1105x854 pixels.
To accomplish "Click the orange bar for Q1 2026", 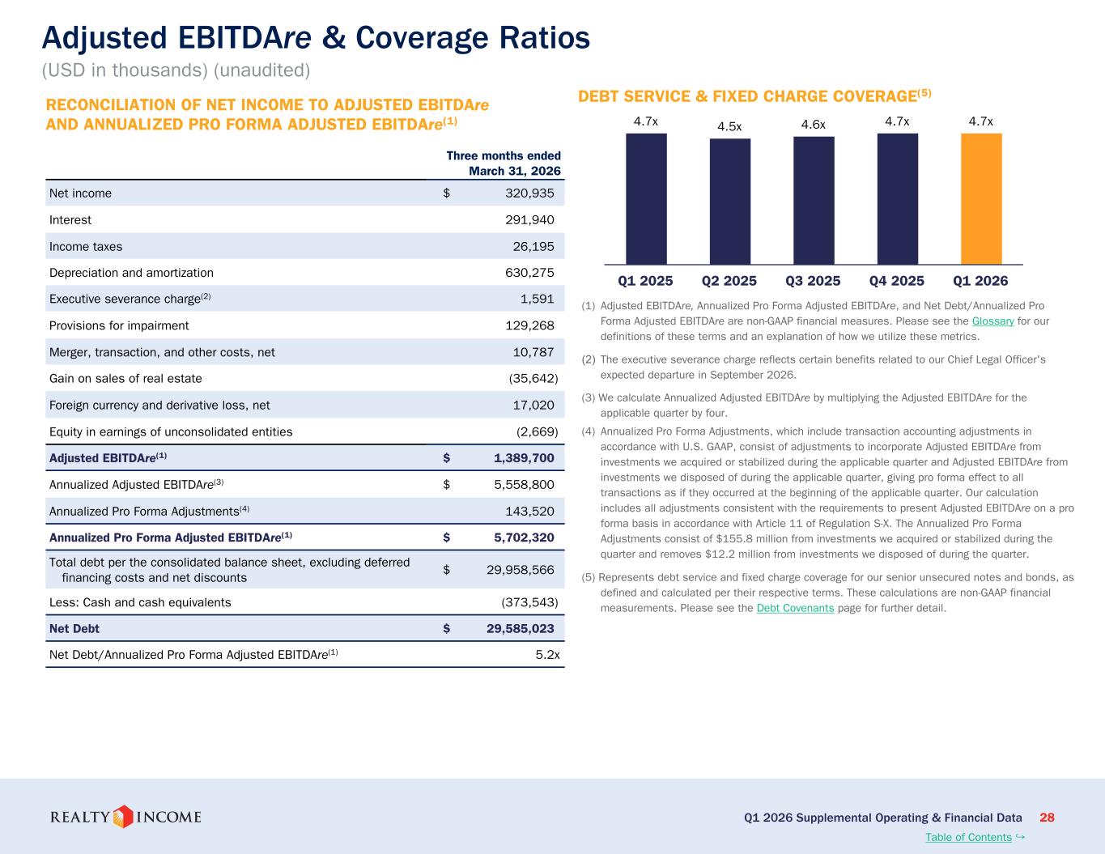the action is click(x=981, y=199).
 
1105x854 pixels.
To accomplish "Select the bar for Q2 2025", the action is click(x=729, y=202).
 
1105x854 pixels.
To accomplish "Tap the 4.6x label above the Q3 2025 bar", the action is click(x=813, y=125).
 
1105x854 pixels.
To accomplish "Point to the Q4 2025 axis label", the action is click(x=896, y=281).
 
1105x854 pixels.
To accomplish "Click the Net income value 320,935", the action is click(x=529, y=193).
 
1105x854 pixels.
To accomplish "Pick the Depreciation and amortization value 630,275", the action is click(x=529, y=273).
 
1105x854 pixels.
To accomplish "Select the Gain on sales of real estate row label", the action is click(x=125, y=378).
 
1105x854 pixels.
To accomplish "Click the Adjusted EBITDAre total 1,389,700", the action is click(x=524, y=458).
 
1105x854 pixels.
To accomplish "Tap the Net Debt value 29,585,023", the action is click(x=521, y=628).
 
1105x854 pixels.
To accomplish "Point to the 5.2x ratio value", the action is click(x=547, y=655).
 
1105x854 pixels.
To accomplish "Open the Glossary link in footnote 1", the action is click(x=992, y=321).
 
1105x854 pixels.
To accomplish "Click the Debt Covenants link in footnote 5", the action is click(x=795, y=608).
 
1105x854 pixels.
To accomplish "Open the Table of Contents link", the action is click(x=968, y=837).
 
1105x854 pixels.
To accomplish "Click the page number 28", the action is click(x=1047, y=818).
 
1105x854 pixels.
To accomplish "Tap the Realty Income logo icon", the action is click(x=123, y=817).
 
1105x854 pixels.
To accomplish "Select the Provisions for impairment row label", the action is click(x=119, y=325).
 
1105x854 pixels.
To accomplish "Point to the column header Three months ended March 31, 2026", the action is click(x=504, y=164).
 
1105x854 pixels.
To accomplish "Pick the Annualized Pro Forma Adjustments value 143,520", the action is click(x=529, y=511).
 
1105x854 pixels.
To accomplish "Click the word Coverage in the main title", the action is click(x=422, y=39).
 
